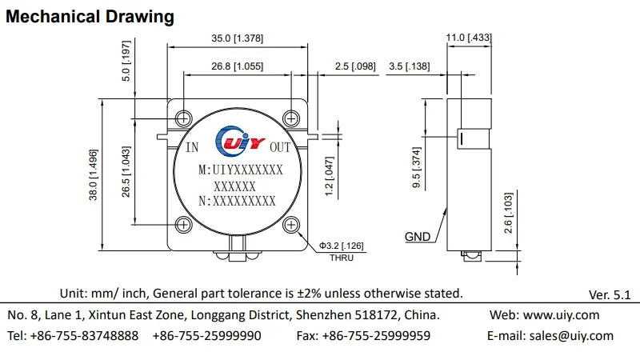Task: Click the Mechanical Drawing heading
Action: pos(90,17)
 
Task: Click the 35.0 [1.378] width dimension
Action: pos(237,38)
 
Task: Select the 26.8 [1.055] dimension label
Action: pos(237,66)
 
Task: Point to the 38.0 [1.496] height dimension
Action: pos(94,174)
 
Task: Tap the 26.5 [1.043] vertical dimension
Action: pos(126,172)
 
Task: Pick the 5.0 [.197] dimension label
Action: pos(126,61)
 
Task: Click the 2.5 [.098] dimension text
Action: pos(355,66)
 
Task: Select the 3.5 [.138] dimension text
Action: pos(410,66)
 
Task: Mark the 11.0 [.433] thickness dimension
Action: pos(469,38)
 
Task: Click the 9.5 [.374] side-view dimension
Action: pos(416,167)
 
